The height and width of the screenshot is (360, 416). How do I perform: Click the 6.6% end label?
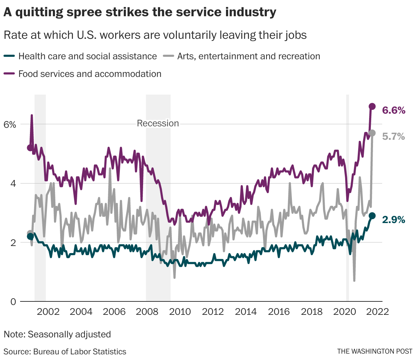(x=394, y=110)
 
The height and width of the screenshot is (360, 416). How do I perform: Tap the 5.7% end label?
(x=393, y=137)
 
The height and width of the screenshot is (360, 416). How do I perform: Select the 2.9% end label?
(x=393, y=220)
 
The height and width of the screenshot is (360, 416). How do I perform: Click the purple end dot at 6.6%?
(x=372, y=106)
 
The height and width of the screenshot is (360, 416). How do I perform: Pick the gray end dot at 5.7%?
(x=372, y=133)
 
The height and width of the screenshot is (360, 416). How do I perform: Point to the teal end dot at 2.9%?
(x=372, y=216)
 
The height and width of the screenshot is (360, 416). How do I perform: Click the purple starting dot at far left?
(x=30, y=148)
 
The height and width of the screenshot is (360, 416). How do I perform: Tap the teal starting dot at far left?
(x=30, y=236)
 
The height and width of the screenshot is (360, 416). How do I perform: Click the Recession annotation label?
(x=158, y=123)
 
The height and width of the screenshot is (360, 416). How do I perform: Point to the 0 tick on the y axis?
(x=13, y=302)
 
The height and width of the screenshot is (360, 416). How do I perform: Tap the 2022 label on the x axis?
(x=378, y=312)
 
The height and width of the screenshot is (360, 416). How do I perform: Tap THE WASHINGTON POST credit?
(x=374, y=351)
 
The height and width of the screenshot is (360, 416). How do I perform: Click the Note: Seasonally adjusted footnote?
(x=57, y=334)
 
